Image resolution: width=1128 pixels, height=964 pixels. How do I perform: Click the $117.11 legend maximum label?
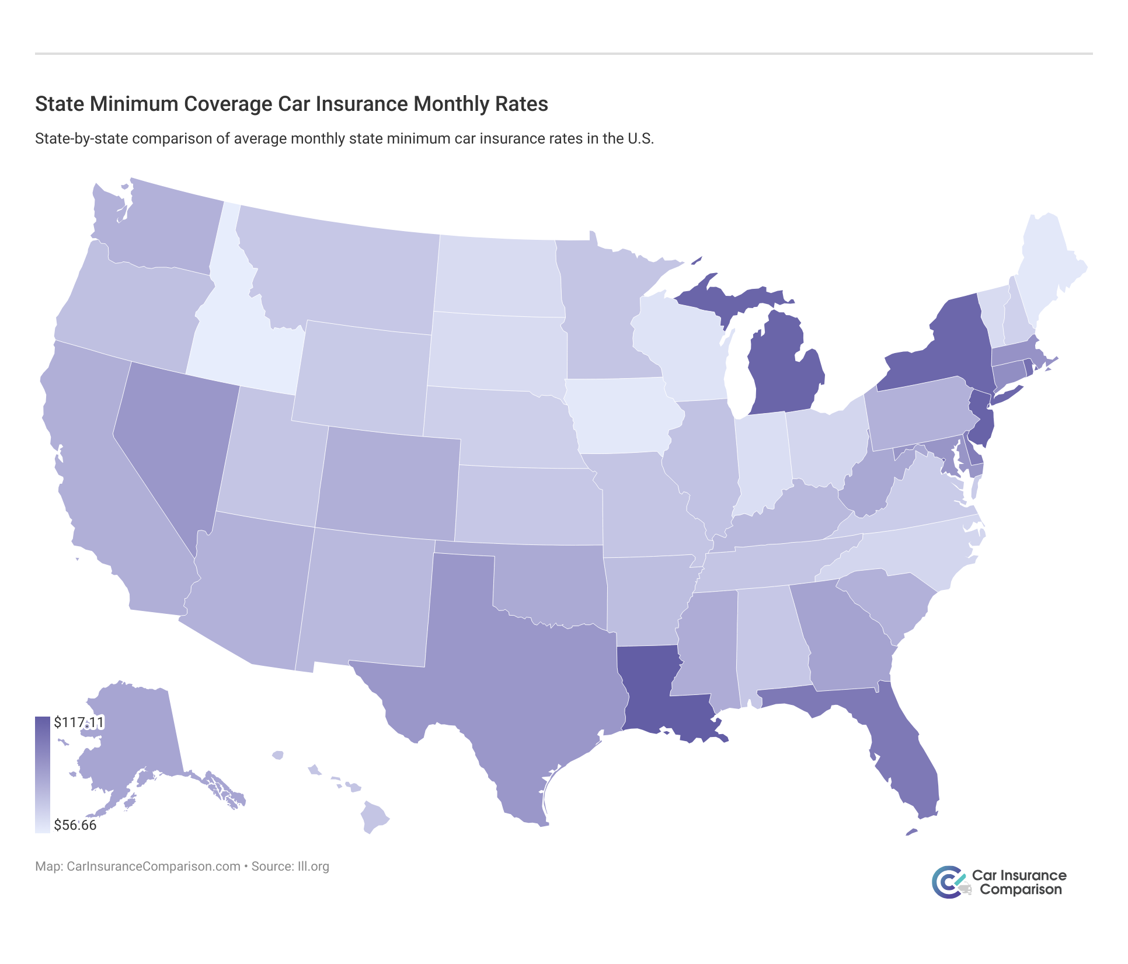pos(79,722)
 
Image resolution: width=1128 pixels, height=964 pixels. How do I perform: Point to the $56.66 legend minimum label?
pos(75,825)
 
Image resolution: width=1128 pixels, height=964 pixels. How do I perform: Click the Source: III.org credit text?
pos(290,867)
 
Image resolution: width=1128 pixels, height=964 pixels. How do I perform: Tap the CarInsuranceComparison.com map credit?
pos(153,867)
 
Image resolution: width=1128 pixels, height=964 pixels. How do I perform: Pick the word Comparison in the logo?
pos(1021,890)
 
